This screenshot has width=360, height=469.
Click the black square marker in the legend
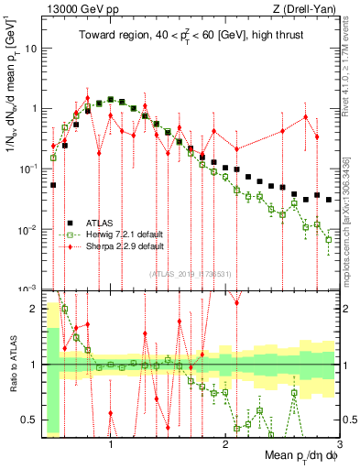[70, 224]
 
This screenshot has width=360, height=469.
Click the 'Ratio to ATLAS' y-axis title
[12, 365]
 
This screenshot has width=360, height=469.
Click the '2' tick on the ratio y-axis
[34, 309]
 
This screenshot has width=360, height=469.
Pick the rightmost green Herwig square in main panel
[329, 240]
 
